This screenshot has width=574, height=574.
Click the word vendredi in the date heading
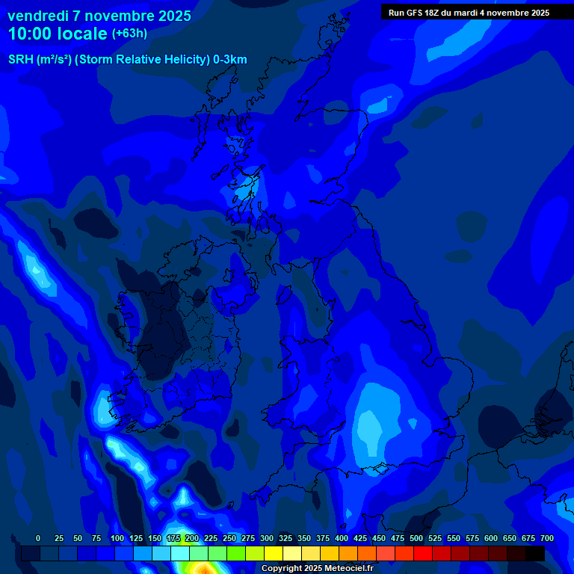(38, 16)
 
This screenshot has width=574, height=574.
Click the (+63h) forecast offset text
(129, 34)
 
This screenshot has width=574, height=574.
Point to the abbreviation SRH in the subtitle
(22, 60)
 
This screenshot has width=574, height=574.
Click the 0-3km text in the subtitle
(230, 60)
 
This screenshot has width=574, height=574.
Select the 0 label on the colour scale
(38, 538)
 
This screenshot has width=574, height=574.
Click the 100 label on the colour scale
(117, 538)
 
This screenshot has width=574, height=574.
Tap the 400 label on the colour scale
(342, 538)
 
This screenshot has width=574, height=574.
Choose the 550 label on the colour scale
(454, 538)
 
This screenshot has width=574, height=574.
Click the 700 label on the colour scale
(547, 538)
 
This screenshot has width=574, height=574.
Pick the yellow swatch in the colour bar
(274, 553)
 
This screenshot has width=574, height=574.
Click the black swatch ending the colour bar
(535, 553)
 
